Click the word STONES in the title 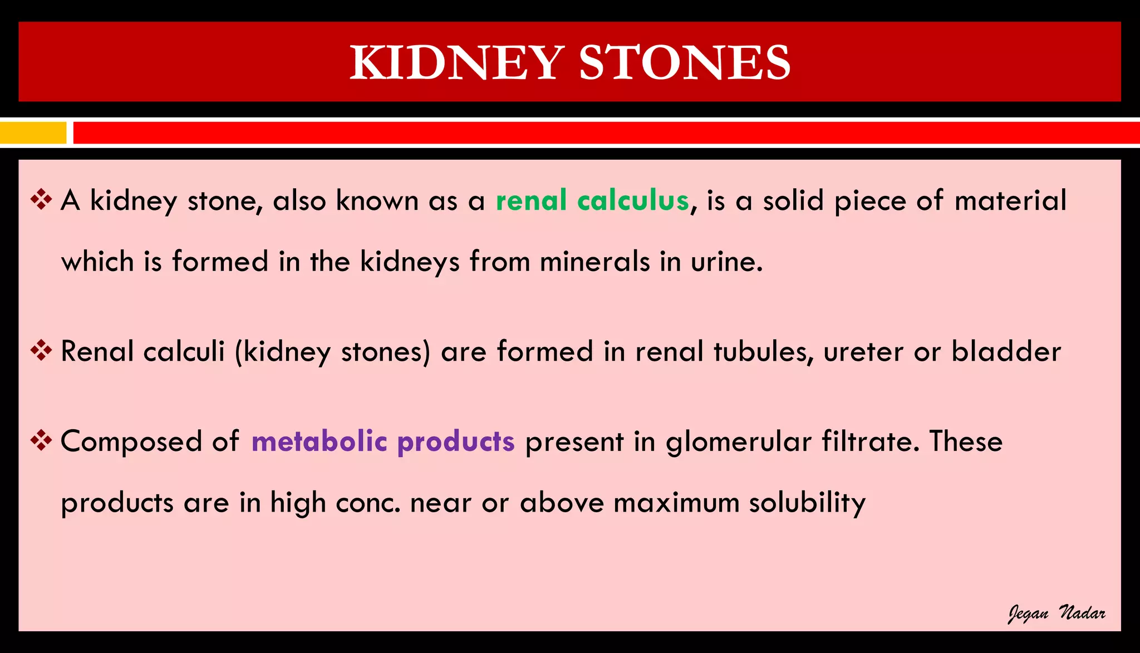[x=685, y=62]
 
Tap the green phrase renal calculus [x=592, y=200]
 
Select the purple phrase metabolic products [x=383, y=441]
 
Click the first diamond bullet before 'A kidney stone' [x=41, y=200]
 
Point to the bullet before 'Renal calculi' [x=41, y=351]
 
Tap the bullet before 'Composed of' [x=41, y=441]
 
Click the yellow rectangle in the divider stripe [x=33, y=133]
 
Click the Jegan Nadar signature [x=1056, y=613]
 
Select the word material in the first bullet [x=1010, y=200]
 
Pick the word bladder [x=1006, y=351]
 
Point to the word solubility [x=807, y=503]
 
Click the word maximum [x=676, y=503]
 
